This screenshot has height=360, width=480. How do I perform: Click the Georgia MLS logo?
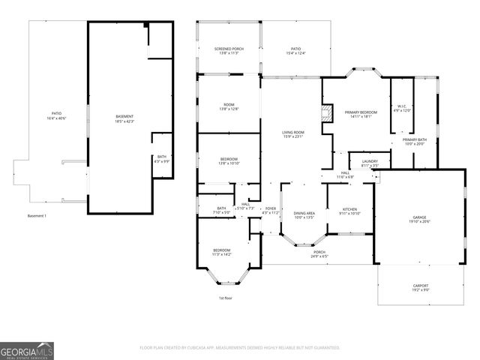click(x=27, y=349)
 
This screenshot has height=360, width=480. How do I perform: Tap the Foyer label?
click(x=270, y=211)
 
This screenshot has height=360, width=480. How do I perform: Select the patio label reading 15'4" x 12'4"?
click(x=295, y=50)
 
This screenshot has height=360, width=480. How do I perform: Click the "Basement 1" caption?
click(x=37, y=216)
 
